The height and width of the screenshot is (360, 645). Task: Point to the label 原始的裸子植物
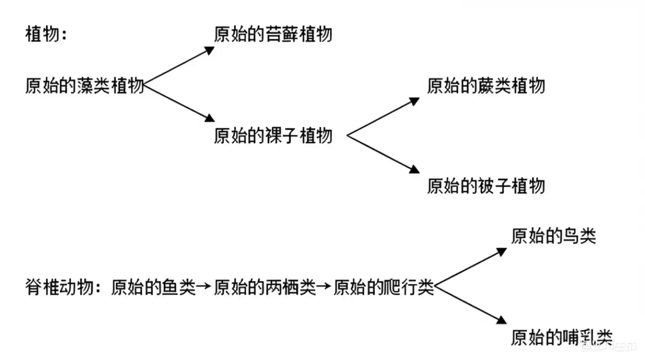(273, 136)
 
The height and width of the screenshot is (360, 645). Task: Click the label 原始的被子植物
(486, 186)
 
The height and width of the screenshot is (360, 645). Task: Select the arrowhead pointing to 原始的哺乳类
(502, 320)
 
